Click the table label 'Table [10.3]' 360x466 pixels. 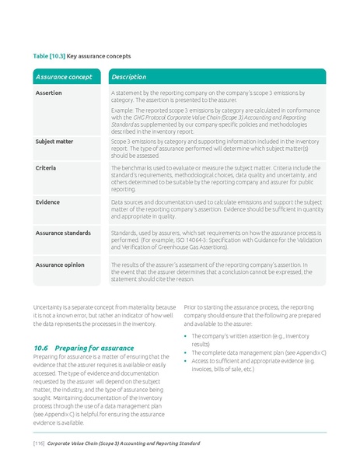pos(49,56)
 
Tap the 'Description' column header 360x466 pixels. pos(129,77)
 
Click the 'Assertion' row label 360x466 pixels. pos(48,93)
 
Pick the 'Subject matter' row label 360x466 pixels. pos(54,142)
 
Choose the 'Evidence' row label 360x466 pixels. pos(47,201)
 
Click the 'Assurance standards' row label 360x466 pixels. pos(62,232)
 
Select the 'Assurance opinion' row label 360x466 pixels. pos(61,265)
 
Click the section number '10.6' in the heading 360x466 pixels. pos(41,347)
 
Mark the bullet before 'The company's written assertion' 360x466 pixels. pos(187,335)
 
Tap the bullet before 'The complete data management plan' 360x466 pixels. pos(187,352)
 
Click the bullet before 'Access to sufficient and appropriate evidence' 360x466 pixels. pos(187,361)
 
